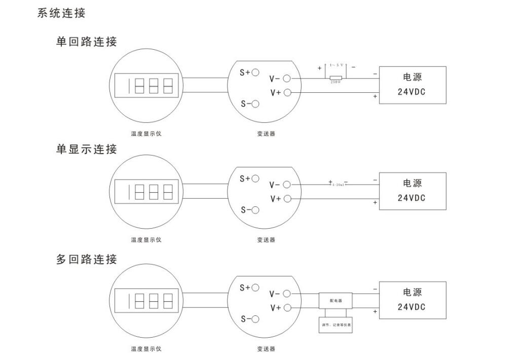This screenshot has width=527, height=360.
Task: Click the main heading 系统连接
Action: tap(61, 14)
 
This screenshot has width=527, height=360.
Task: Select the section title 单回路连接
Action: tap(86, 42)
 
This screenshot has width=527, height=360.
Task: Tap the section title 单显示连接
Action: tap(86, 149)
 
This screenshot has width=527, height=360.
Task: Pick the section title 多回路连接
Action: tap(86, 260)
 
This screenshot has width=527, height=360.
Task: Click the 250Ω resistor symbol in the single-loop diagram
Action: tap(335, 78)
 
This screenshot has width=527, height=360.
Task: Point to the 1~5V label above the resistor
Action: tap(336, 65)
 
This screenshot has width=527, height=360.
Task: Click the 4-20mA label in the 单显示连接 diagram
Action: tap(338, 185)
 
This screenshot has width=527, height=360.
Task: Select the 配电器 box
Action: tap(335, 301)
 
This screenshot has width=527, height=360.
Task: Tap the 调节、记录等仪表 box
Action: tap(335, 325)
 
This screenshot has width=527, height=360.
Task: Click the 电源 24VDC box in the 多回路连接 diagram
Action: tap(413, 300)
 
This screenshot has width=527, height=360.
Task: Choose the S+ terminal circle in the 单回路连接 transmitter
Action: tap(255, 73)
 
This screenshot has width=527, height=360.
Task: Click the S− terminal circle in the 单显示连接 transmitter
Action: tap(255, 210)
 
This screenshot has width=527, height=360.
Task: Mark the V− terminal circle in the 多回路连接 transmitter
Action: tap(287, 294)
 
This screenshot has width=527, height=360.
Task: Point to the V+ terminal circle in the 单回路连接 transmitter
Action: tap(287, 92)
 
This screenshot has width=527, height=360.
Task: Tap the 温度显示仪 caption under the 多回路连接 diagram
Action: tap(146, 349)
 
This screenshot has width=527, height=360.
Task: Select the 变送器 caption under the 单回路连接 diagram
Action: tap(266, 134)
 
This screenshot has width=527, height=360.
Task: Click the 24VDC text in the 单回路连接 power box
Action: tap(411, 93)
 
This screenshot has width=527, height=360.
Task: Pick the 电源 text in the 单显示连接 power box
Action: tap(412, 183)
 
